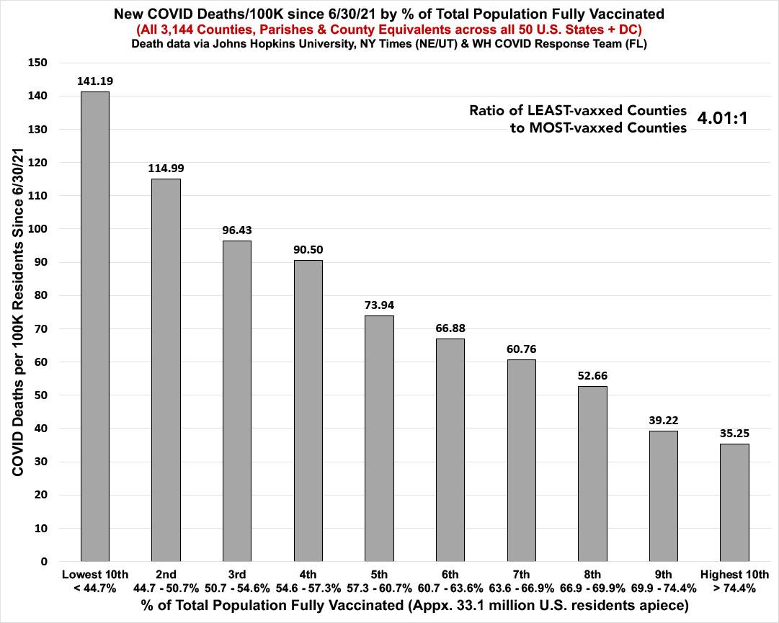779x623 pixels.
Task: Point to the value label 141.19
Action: (x=95, y=81)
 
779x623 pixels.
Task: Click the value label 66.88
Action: (x=450, y=328)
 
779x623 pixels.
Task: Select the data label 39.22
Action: (x=663, y=420)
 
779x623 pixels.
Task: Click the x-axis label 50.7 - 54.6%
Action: (x=237, y=587)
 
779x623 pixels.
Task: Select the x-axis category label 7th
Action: (x=521, y=574)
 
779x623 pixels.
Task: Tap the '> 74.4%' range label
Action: (x=734, y=587)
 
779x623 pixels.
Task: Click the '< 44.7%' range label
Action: (x=95, y=587)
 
